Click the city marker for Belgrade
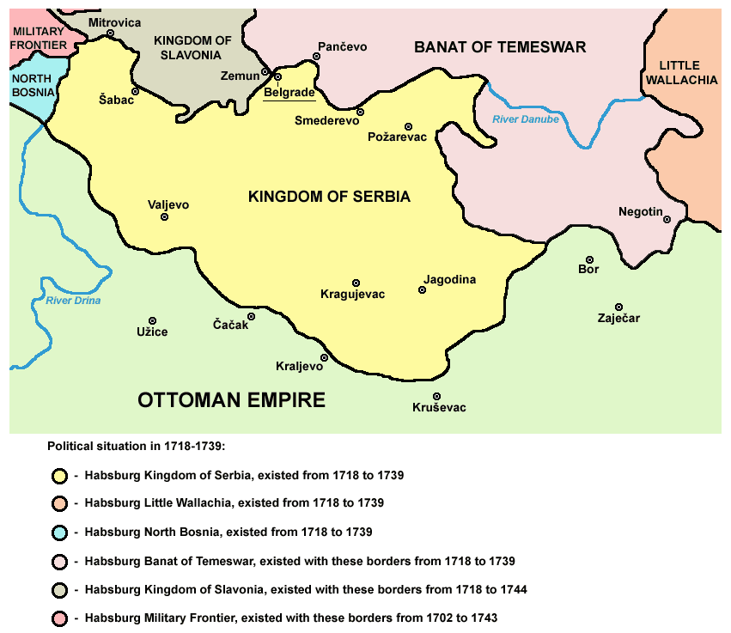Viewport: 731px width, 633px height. (277, 76)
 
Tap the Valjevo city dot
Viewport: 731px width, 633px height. (164, 217)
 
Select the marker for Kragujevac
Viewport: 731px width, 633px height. (356, 283)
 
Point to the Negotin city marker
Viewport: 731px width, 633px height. (666, 219)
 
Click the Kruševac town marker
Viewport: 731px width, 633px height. (437, 396)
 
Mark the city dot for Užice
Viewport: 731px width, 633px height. (153, 320)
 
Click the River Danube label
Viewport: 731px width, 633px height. (525, 119)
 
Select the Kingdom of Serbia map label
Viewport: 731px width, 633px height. (329, 197)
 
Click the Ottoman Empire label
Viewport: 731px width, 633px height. (232, 399)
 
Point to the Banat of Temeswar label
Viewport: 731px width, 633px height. (500, 47)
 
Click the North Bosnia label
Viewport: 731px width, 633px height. (32, 84)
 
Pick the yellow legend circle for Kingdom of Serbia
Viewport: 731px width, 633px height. (59, 475)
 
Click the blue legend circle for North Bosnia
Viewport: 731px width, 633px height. (59, 533)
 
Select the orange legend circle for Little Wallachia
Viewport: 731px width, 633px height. (59, 503)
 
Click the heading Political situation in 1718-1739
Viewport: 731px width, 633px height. (136, 447)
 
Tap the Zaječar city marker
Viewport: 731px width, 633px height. (618, 307)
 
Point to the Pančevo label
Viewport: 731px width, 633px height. (342, 47)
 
